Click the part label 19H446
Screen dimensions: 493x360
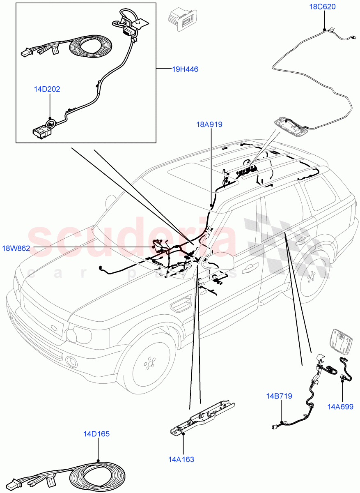point(185,69)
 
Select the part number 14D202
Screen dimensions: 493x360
point(47,89)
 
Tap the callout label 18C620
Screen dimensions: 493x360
point(322,7)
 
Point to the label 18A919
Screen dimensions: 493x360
point(209,124)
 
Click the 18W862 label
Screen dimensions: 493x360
point(17,248)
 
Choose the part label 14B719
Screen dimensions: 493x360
point(279,396)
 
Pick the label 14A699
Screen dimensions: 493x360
point(340,407)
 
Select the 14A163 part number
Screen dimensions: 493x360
point(181,459)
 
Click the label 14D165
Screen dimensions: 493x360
point(96,434)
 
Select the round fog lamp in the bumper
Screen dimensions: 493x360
point(71,362)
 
